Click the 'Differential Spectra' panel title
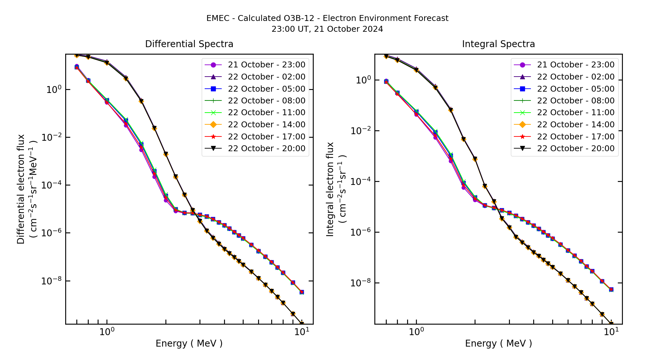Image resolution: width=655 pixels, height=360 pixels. coord(189,44)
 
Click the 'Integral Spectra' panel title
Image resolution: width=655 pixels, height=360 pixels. coord(498,44)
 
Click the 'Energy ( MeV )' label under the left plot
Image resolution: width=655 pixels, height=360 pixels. coord(189,344)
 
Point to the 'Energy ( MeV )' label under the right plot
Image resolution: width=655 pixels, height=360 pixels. coord(498,344)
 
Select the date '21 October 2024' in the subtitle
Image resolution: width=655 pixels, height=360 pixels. coord(348,29)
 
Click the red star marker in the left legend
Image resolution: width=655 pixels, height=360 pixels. coord(213,136)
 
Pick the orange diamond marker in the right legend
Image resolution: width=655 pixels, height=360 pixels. coord(522,125)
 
